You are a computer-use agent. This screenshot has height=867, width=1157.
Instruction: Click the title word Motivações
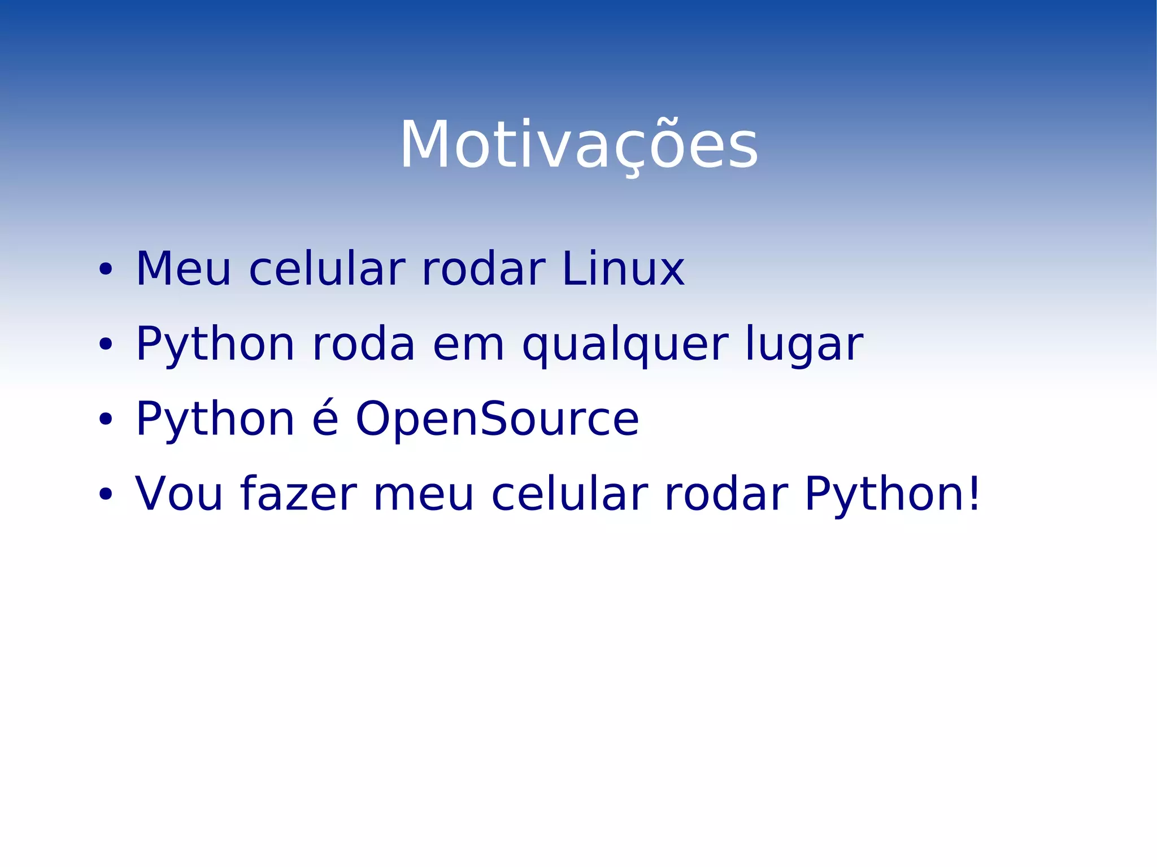click(x=579, y=146)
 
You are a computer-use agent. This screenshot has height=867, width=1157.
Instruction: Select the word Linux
click(x=623, y=269)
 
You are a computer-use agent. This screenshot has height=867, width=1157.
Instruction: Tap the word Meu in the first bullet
click(x=183, y=269)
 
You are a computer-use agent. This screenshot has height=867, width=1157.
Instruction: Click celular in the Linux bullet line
click(x=327, y=269)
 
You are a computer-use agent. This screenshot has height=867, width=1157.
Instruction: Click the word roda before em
click(x=363, y=345)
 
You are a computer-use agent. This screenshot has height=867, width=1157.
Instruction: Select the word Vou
click(x=179, y=495)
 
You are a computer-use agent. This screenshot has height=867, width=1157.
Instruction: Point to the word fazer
click(x=298, y=494)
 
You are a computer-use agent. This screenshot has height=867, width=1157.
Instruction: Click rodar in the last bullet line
click(x=725, y=495)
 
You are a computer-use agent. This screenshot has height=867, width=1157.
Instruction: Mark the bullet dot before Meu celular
click(x=105, y=269)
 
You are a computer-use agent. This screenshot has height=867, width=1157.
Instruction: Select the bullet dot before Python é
click(x=105, y=419)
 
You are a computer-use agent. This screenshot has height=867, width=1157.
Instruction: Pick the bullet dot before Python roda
click(x=105, y=344)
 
